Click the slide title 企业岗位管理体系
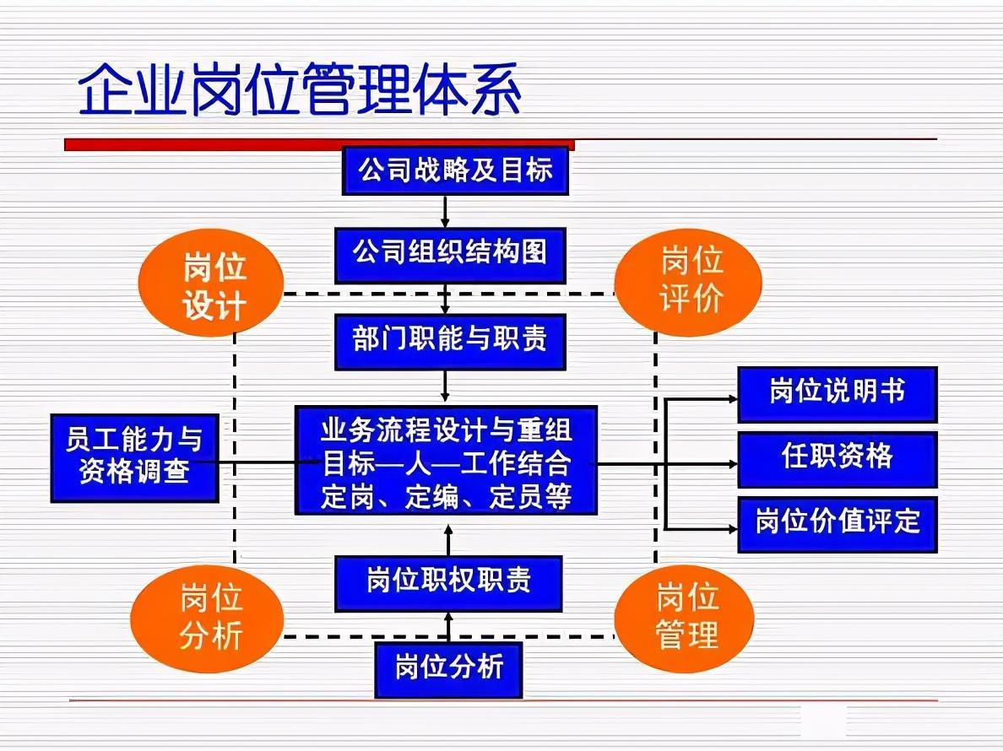[300, 89]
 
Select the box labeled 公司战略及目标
[455, 170]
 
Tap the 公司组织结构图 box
[450, 255]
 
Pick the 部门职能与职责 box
[450, 341]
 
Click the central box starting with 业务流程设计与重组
[446, 460]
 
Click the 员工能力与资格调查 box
[134, 457]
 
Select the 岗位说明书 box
[838, 394]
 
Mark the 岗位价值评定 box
[838, 524]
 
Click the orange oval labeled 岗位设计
[212, 283]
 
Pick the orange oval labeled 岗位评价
[688, 283]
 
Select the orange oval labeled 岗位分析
[207, 618]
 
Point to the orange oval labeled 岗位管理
[685, 618]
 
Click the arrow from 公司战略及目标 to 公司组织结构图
[445, 212]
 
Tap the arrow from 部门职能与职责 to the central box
[445, 386]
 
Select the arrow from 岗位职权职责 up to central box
[448, 540]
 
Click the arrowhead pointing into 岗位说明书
[733, 399]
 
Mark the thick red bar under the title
[319, 145]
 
